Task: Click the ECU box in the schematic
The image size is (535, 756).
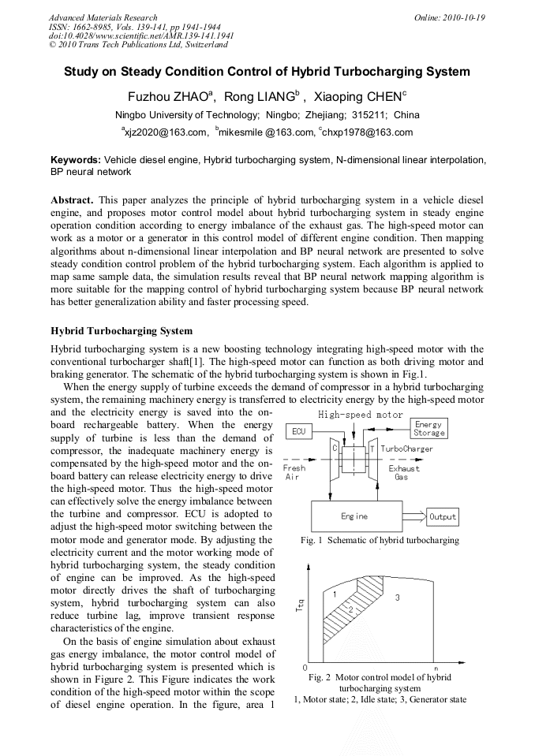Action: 298,431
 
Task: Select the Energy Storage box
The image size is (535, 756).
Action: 428,428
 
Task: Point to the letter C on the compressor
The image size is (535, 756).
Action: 335,448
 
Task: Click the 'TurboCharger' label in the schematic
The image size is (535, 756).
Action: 406,449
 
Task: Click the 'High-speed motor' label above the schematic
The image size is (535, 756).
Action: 360,415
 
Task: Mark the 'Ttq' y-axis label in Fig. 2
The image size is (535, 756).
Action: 300,605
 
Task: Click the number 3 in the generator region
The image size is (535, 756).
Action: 397,598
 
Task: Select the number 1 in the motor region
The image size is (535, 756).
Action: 335,593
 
